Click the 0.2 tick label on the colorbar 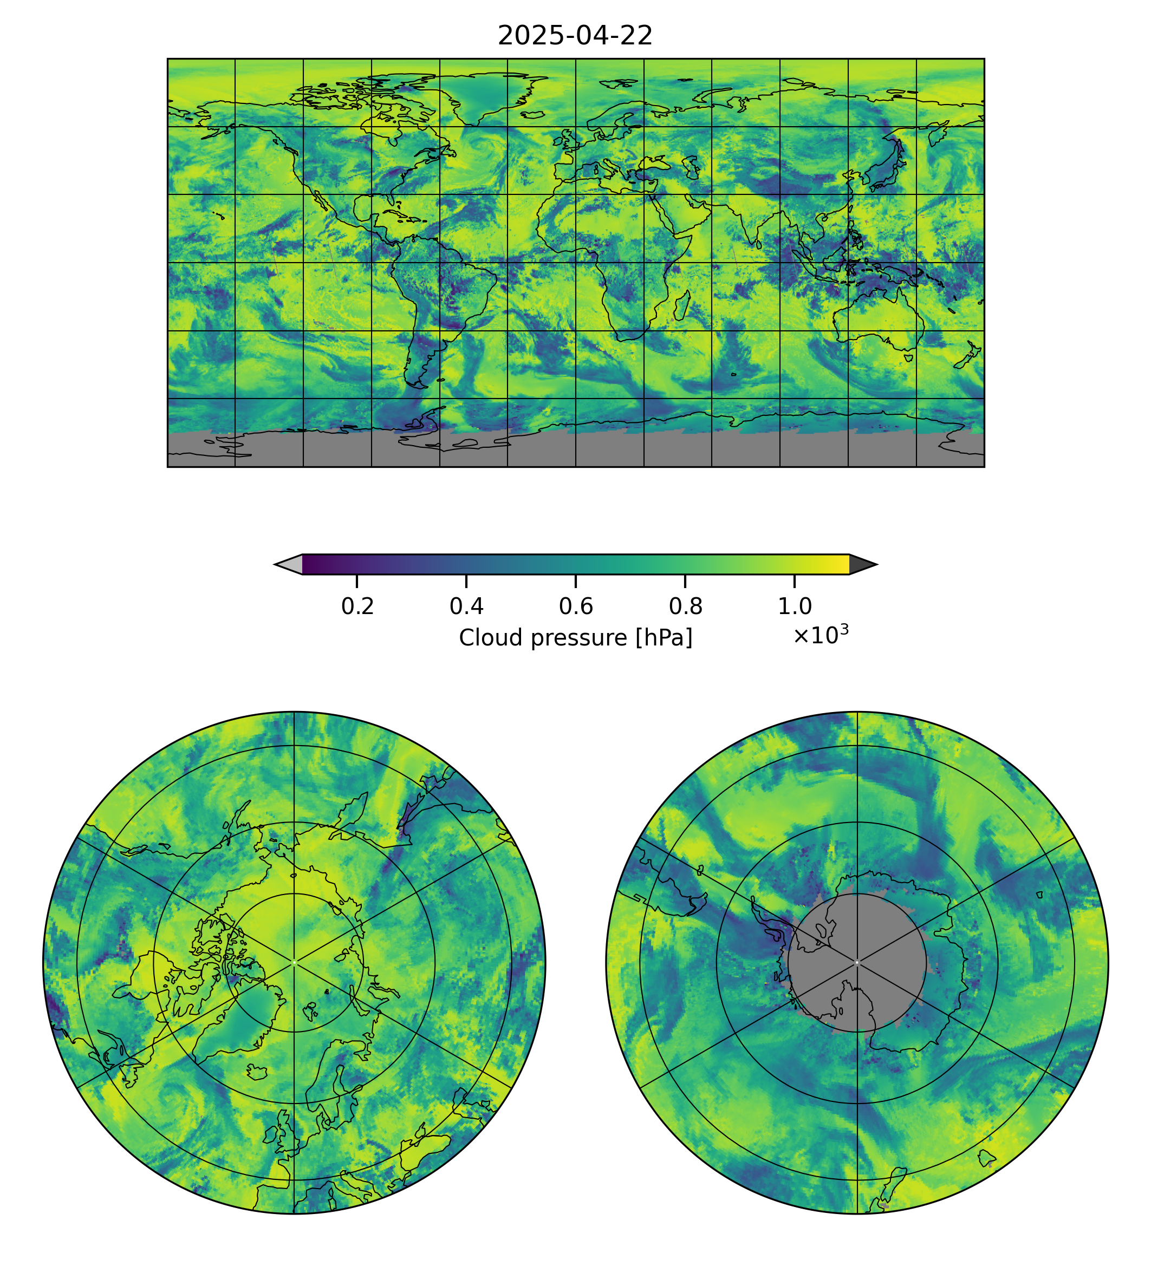[x=357, y=606]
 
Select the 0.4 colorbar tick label [x=466, y=606]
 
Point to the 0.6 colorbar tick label [x=575, y=606]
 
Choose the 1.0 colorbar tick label [x=794, y=606]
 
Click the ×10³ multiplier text [x=820, y=635]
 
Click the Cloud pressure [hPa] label [x=575, y=638]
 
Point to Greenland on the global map [x=484, y=95]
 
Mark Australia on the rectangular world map [x=879, y=319]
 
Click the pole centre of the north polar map [x=294, y=962]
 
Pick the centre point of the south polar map [x=857, y=962]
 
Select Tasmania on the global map [x=909, y=358]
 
